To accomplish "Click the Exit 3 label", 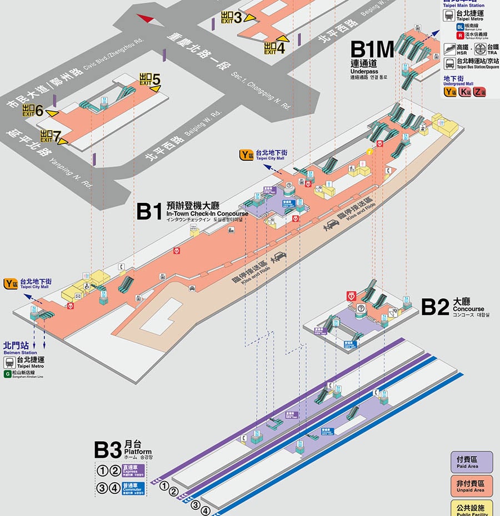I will pyautogui.click(x=232, y=17).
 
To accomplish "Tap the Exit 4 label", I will pyautogui.click(x=275, y=48).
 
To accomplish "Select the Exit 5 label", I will pyautogui.click(x=150, y=80).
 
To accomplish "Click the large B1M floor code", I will pyautogui.click(x=373, y=49).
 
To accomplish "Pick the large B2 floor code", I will pyautogui.click(x=435, y=307).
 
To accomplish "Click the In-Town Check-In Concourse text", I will pyautogui.click(x=207, y=214).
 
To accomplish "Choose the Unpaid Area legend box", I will pyautogui.click(x=471, y=486).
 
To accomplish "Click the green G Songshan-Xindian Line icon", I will pyautogui.click(x=7, y=375).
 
